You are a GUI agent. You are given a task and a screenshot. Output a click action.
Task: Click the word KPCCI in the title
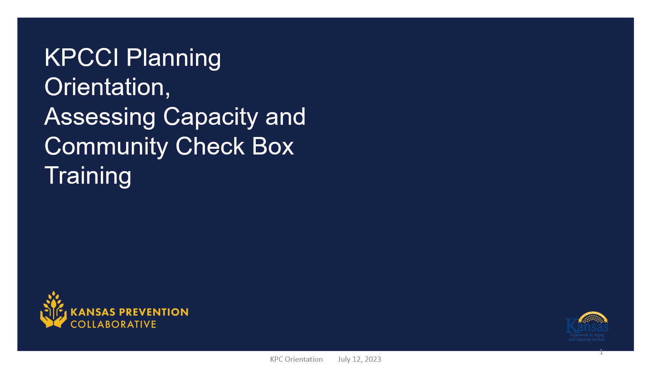tap(81, 58)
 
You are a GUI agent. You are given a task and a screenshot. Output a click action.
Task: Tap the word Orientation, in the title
tap(107, 87)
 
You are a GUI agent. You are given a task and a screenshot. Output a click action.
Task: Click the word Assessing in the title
tap(100, 117)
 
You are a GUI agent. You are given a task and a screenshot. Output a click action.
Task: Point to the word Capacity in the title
tap(210, 117)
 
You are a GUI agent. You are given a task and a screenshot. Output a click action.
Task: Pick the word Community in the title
tap(106, 147)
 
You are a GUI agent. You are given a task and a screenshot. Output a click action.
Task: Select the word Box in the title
tap(272, 146)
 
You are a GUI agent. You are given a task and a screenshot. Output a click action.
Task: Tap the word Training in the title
tap(88, 176)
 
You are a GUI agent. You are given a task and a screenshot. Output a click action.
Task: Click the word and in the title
tap(285, 117)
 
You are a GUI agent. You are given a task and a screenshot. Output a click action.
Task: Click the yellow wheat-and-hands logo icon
tap(53, 310)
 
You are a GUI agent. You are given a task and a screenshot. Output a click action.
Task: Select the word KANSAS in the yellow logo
tap(93, 312)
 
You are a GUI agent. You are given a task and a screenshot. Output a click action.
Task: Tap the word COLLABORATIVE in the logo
tap(113, 324)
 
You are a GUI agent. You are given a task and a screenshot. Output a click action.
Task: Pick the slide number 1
tap(601, 352)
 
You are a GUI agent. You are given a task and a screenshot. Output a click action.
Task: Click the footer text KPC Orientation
tap(296, 359)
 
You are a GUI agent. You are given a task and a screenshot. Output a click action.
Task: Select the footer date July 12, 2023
tap(359, 359)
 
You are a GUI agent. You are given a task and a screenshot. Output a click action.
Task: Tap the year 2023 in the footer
tap(373, 359)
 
